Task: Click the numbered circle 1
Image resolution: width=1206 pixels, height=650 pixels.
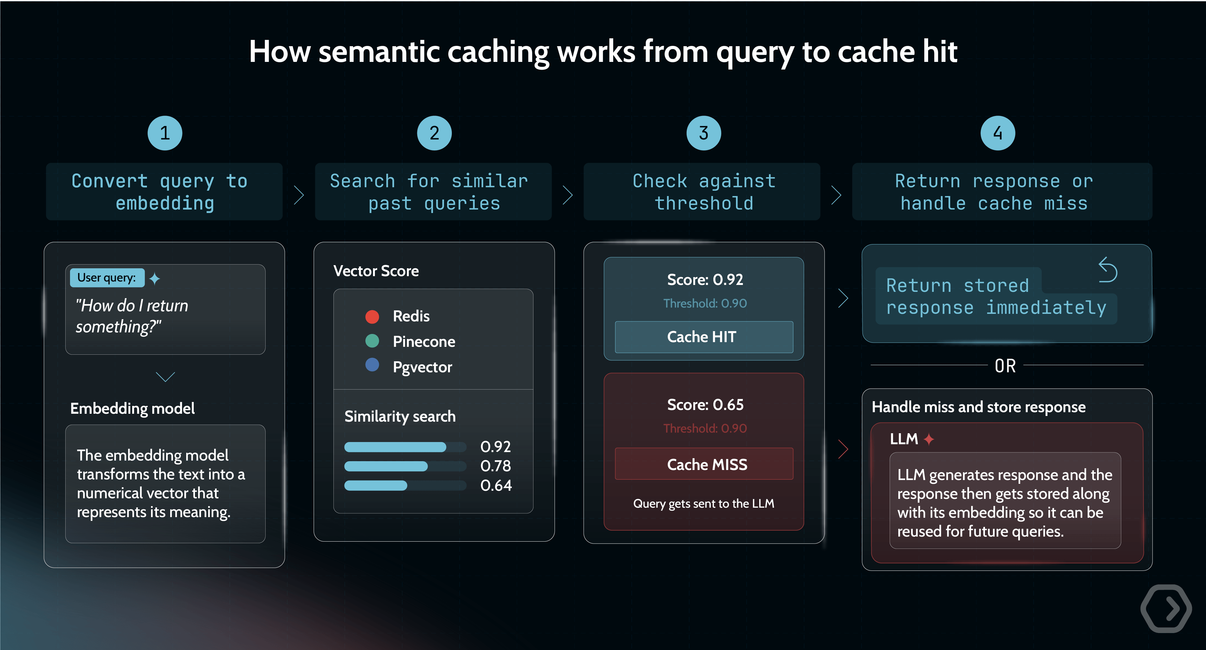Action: (x=165, y=133)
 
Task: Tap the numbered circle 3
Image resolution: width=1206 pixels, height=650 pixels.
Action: (x=703, y=133)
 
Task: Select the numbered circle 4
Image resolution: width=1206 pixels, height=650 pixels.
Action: (x=998, y=133)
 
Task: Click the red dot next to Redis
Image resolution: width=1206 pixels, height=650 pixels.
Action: (x=372, y=317)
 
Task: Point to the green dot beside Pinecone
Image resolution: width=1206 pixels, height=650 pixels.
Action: (x=372, y=341)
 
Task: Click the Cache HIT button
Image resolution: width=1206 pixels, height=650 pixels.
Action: (x=704, y=337)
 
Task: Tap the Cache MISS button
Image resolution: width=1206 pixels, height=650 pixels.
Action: (x=704, y=464)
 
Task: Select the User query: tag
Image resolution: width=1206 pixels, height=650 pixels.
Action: (x=107, y=278)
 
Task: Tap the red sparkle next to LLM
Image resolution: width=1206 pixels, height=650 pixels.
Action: (x=929, y=439)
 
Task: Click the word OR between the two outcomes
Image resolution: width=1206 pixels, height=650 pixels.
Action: (x=1005, y=366)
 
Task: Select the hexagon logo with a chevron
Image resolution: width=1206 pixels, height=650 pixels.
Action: (x=1166, y=608)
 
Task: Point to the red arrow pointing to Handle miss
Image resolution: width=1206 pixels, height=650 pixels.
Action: (x=843, y=449)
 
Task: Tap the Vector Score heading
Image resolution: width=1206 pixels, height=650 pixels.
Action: (x=376, y=271)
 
